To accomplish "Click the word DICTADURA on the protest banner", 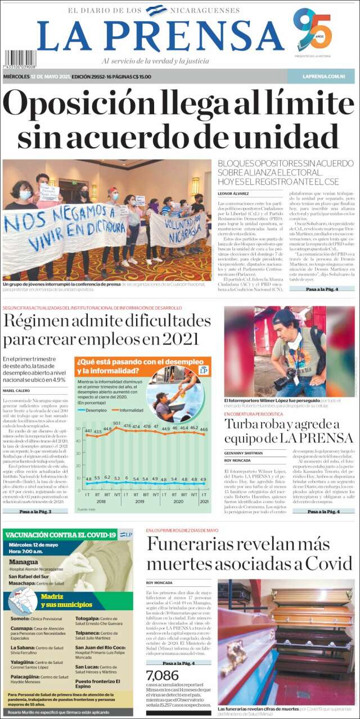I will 102,228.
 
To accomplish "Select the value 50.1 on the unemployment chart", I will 117,423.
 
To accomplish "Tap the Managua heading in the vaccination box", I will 23,562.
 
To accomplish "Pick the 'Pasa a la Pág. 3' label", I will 35,512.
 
